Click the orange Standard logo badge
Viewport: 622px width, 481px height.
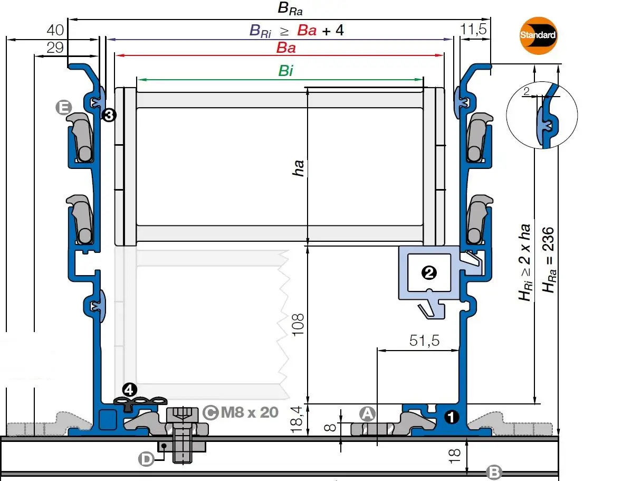point(538,35)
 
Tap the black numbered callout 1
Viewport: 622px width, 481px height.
point(452,417)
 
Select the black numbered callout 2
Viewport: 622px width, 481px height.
point(429,272)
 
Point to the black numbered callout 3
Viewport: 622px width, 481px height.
point(109,115)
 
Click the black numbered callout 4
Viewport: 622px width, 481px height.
point(130,390)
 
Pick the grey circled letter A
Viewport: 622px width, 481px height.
point(367,414)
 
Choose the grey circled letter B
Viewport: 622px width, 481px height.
point(494,472)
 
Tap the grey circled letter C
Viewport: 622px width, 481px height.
point(210,413)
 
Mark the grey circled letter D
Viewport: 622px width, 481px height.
point(146,459)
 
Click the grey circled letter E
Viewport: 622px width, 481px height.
point(64,107)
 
